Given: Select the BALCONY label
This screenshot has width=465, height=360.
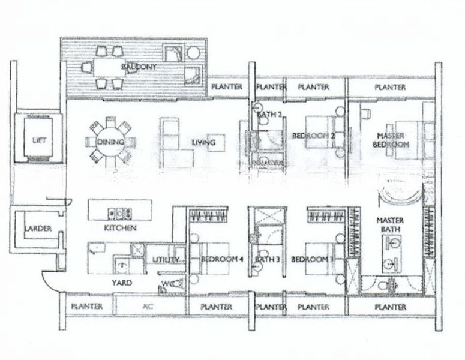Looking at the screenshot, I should (139, 67).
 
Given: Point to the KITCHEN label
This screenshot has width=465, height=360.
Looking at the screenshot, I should (119, 229).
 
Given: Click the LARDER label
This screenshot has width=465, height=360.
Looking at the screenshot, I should (38, 229).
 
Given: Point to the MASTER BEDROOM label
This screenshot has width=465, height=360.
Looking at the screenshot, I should (393, 140).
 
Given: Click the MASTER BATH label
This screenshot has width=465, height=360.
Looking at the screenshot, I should (390, 225).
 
